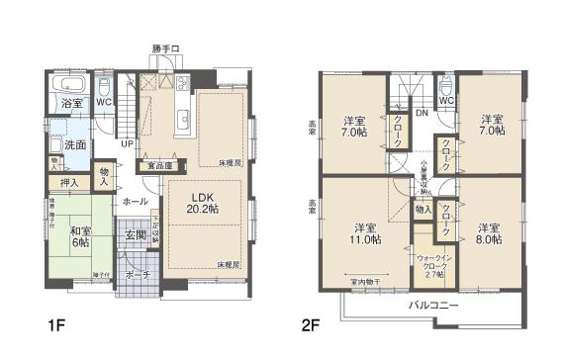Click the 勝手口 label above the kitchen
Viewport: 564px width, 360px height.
[x=165, y=48]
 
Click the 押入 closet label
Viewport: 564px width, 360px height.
[x=68, y=182]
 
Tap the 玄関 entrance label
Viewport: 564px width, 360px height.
[x=135, y=234]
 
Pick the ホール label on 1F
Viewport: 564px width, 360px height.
[x=135, y=201]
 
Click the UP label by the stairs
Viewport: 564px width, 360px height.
[x=127, y=143]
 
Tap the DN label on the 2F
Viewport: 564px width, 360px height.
[x=422, y=112]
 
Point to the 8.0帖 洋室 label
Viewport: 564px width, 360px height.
[x=486, y=231]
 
